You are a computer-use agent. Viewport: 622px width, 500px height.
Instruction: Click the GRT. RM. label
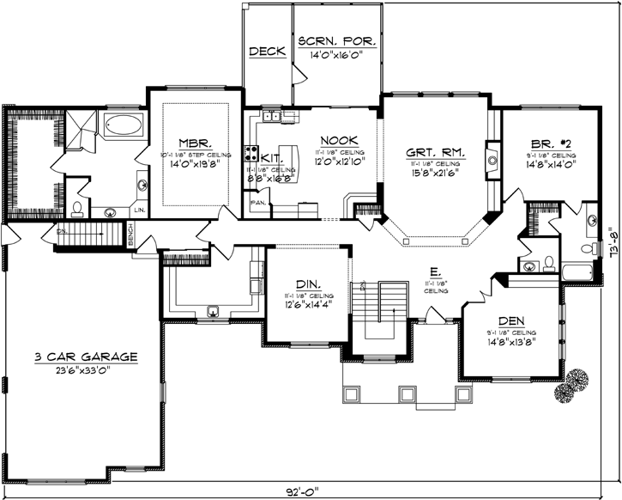[x=436, y=152]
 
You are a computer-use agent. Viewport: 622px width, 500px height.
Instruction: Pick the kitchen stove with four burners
[x=253, y=154]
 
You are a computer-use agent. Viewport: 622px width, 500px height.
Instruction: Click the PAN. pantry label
[x=257, y=202]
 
